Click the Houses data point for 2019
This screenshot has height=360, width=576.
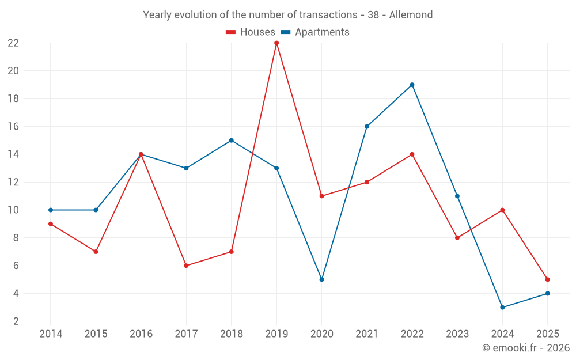(276, 43)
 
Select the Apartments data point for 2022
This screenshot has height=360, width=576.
(412, 85)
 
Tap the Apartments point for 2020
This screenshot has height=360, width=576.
(321, 279)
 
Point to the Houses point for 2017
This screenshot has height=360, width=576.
(186, 266)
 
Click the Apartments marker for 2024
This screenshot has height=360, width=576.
(502, 307)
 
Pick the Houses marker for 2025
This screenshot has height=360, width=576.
(547, 279)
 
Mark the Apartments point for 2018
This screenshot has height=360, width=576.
(231, 141)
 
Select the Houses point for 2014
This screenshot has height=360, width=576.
(51, 224)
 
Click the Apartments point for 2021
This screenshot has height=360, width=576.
(367, 127)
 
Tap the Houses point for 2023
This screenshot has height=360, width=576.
(457, 238)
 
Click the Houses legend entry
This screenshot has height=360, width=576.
(251, 32)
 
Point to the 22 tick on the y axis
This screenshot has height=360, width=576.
(13, 43)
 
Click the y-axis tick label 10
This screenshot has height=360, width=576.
(13, 210)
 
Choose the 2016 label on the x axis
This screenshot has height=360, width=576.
(141, 334)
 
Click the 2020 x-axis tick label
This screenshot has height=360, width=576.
(321, 334)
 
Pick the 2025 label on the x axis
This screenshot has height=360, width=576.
(547, 334)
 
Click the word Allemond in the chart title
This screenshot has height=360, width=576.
(411, 15)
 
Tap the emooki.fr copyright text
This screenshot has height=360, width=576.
(526, 348)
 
